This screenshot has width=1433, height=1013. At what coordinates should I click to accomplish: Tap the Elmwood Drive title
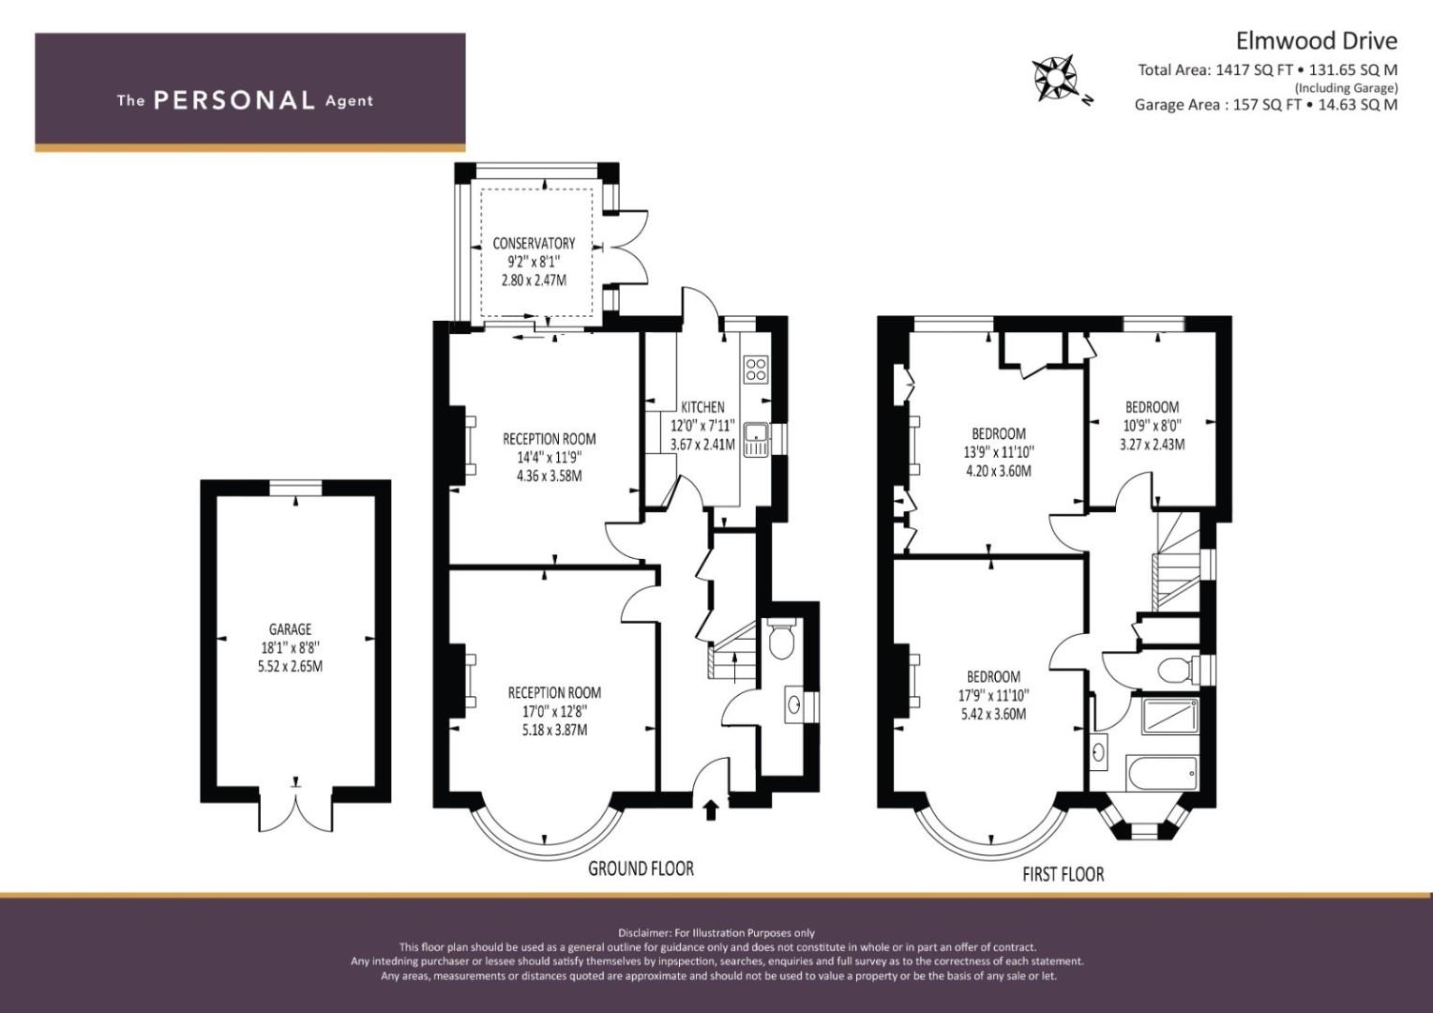point(1317,41)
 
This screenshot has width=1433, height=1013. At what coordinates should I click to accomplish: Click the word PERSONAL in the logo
point(234,100)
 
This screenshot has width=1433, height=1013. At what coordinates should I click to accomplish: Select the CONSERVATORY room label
point(534,243)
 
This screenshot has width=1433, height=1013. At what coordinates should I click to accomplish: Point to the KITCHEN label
point(702,407)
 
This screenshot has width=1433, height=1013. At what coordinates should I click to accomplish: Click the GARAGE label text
point(290,629)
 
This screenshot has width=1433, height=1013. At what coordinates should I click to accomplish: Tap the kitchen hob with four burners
point(756,370)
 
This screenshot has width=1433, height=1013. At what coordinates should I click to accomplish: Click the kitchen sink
point(756,440)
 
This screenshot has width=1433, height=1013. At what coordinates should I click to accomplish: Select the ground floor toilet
point(781,638)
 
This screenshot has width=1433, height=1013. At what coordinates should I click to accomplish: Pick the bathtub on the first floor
point(1162,774)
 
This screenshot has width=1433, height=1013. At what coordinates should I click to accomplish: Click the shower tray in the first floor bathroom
point(1170,716)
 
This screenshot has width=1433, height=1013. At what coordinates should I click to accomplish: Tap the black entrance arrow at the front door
point(711,810)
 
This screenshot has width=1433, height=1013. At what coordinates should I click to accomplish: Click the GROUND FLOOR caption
point(641,869)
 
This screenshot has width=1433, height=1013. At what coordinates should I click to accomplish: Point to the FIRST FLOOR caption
point(1063,874)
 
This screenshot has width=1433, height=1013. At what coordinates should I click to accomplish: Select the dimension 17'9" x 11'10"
point(993,695)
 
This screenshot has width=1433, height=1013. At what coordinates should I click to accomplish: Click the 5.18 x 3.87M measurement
point(554,730)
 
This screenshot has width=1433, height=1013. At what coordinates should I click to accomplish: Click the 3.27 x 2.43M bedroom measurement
point(1153,444)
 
